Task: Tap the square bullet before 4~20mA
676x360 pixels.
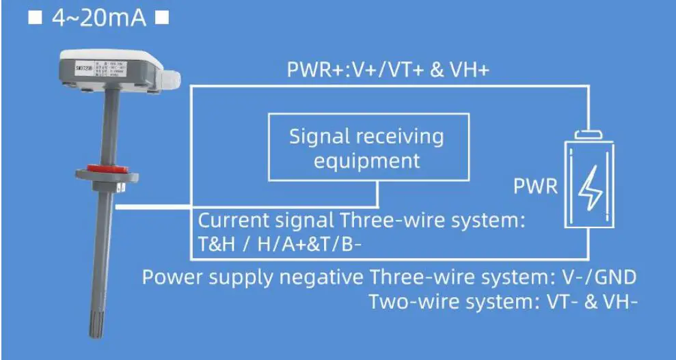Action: [36, 18]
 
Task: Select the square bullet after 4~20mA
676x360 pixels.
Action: [162, 18]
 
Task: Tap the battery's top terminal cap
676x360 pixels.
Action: [589, 134]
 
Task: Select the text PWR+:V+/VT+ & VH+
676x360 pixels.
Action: [388, 70]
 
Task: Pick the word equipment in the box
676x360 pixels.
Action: [366, 161]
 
